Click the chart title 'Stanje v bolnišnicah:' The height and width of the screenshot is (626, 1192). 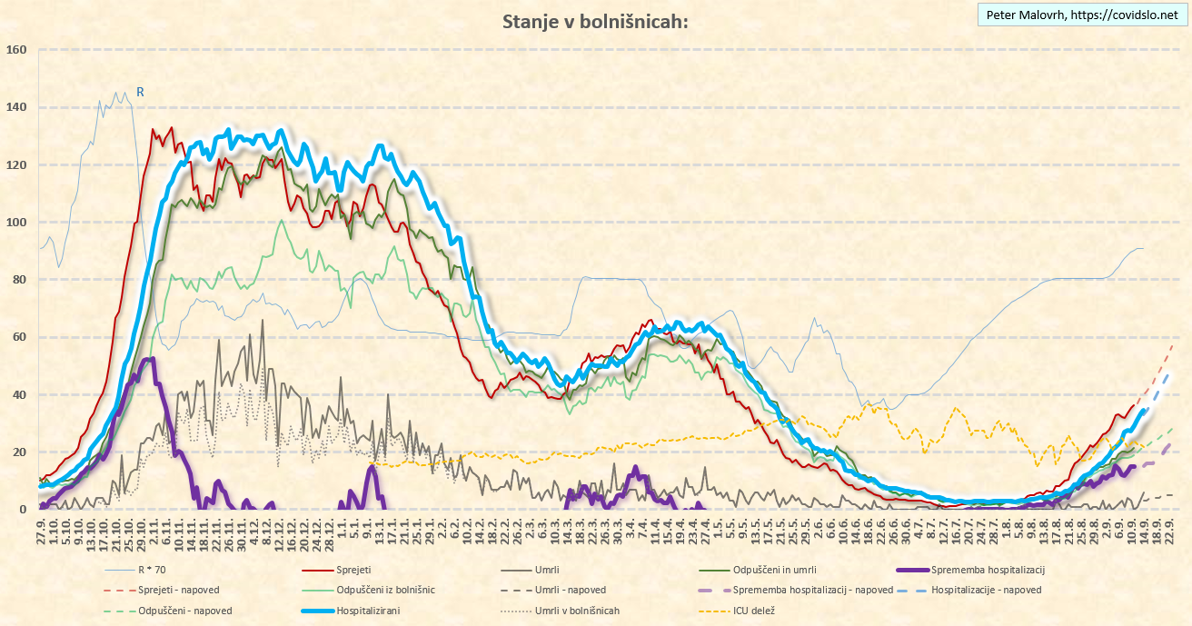(595, 22)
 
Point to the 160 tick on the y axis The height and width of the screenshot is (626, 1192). (17, 49)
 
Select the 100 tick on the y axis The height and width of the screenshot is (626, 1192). (17, 222)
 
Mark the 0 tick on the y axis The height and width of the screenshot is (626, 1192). (25, 510)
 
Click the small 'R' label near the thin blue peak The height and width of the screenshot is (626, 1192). (140, 91)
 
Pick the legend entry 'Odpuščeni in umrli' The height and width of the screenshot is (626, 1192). (764, 570)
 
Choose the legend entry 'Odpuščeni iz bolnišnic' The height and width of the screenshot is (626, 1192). (385, 590)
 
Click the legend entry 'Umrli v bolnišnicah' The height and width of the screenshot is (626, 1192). (577, 611)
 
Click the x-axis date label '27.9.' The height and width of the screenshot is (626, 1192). (42, 528)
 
